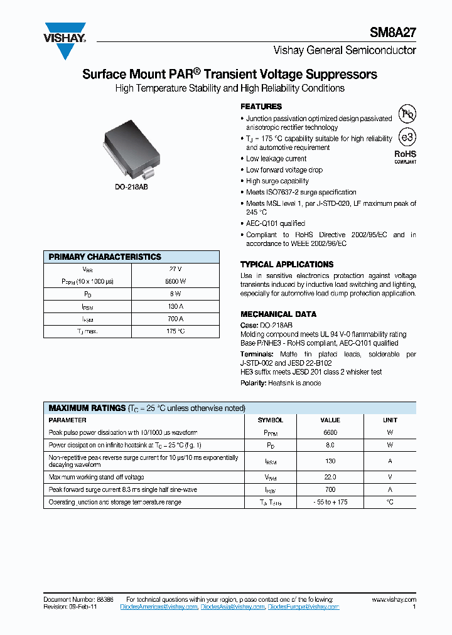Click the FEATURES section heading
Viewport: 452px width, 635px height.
pos(261,107)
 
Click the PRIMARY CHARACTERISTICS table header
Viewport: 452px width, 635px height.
pos(105,257)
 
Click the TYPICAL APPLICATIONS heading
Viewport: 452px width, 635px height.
pos(287,265)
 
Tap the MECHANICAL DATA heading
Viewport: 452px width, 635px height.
pos(278,314)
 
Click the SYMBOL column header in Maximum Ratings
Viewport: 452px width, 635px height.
pos(271,420)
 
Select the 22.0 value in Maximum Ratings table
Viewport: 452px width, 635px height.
pos(330,477)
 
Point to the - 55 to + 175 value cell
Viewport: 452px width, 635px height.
pos(330,502)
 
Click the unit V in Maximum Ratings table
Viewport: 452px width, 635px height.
pos(390,477)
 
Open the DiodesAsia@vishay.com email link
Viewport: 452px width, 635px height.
pos(233,607)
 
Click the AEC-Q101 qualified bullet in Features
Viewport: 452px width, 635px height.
pos(275,223)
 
